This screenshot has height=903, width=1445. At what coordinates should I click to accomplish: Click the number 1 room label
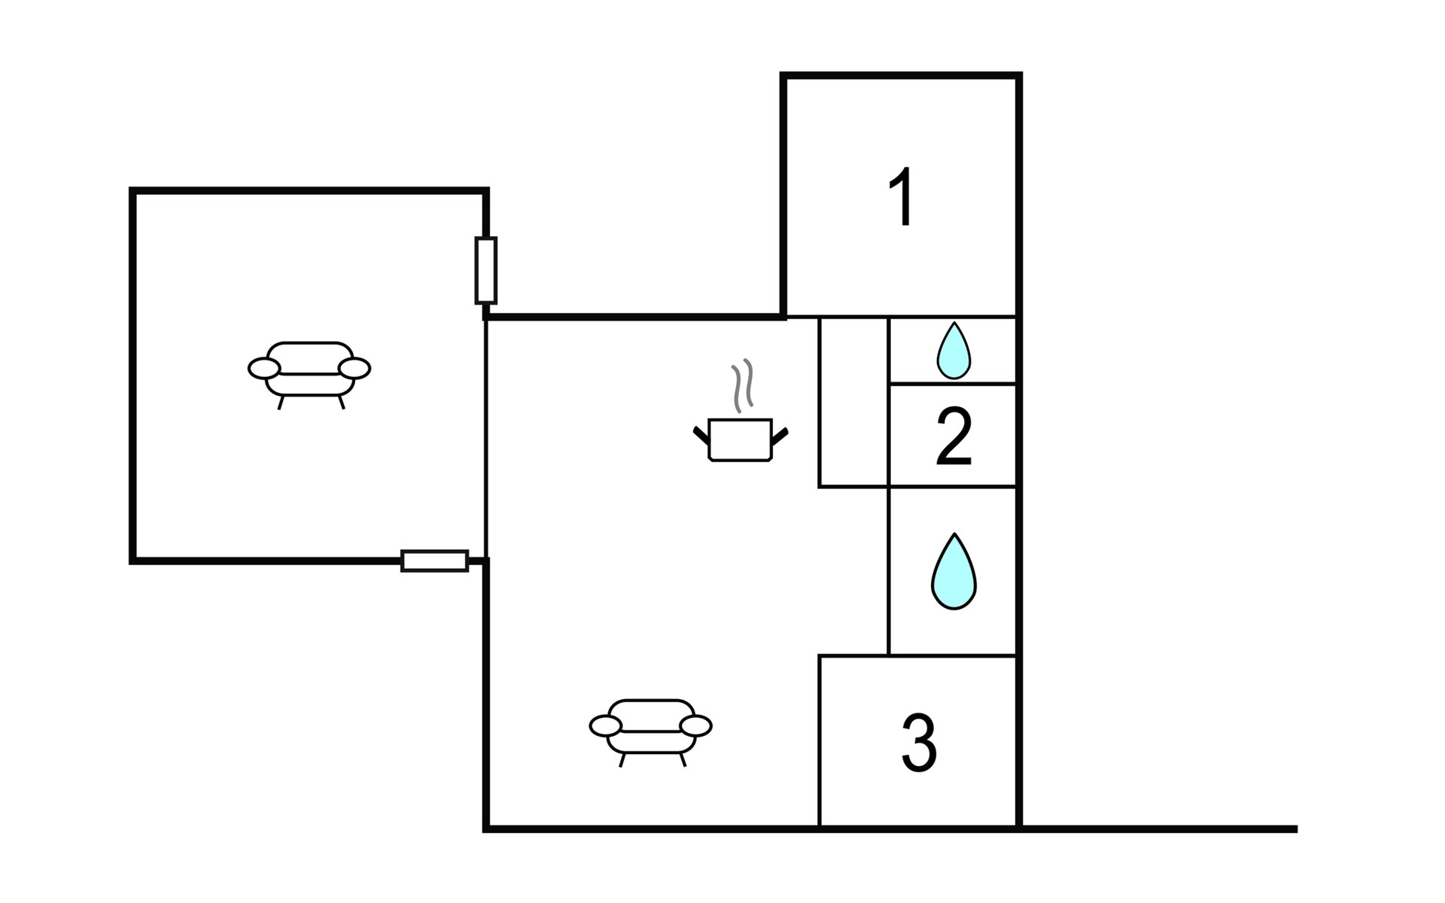coord(902,196)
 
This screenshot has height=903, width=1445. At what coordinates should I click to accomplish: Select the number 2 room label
coord(954,436)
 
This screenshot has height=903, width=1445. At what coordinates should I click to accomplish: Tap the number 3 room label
coord(919,743)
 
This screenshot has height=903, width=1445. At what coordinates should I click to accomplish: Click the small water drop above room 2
coord(954,351)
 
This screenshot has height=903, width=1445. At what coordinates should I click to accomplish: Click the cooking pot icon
coord(741,439)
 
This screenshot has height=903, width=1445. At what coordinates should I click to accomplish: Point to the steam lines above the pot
coord(742,385)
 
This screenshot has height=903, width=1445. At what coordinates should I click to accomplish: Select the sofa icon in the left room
coord(309,374)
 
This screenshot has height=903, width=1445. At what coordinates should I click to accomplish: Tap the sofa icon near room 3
coord(651,731)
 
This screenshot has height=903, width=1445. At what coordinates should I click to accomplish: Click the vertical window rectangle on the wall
coord(486,270)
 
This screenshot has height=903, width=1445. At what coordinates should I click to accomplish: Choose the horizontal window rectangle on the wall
coord(435,561)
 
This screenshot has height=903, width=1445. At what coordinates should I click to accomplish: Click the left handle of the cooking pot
coord(701,434)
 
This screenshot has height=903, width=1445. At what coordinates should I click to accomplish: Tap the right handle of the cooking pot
coord(780,435)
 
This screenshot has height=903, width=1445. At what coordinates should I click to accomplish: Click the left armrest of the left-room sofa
coord(264,368)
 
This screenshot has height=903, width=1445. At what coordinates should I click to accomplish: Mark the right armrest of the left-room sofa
coord(354,368)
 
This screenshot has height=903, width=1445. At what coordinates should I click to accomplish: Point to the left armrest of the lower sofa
coord(606,725)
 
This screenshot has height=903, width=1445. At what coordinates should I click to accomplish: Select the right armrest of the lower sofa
coord(696,725)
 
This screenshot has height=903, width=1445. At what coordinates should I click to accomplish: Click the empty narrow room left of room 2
coord(853,402)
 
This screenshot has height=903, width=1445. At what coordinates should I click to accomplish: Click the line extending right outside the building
coord(1159,829)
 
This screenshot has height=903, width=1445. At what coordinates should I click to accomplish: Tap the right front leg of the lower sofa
coord(683,760)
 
